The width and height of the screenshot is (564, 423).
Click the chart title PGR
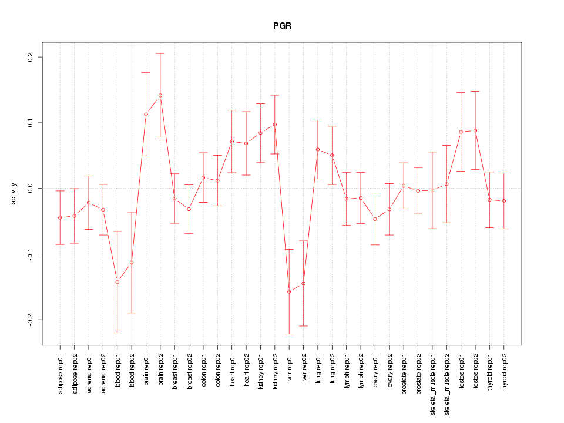point(282,26)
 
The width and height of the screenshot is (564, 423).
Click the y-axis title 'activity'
point(14,193)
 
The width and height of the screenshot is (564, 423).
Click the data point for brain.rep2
point(160,95)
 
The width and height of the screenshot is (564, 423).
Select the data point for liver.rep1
point(289,291)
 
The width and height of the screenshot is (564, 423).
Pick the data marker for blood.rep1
point(117,282)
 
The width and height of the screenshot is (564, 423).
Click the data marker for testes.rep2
point(475,130)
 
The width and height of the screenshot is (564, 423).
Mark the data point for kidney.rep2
point(275,125)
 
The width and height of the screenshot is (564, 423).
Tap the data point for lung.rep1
point(318,149)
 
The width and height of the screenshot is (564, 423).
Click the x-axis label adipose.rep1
point(60,373)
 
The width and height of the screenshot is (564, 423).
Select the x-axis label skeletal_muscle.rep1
point(432,382)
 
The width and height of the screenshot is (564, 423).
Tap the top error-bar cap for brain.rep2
point(160,53)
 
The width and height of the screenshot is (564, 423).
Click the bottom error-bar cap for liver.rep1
point(289,334)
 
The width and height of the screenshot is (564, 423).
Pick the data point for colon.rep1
point(203,177)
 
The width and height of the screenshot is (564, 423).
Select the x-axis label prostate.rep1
point(404,373)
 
